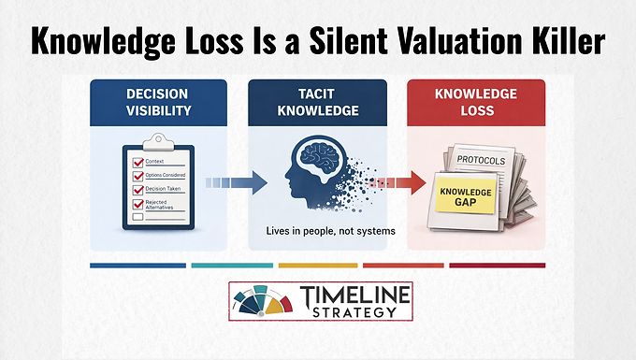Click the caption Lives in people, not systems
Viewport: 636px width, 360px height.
(x=318, y=231)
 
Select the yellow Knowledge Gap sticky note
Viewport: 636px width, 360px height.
(x=464, y=197)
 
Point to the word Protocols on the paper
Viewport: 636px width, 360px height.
(x=484, y=161)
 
